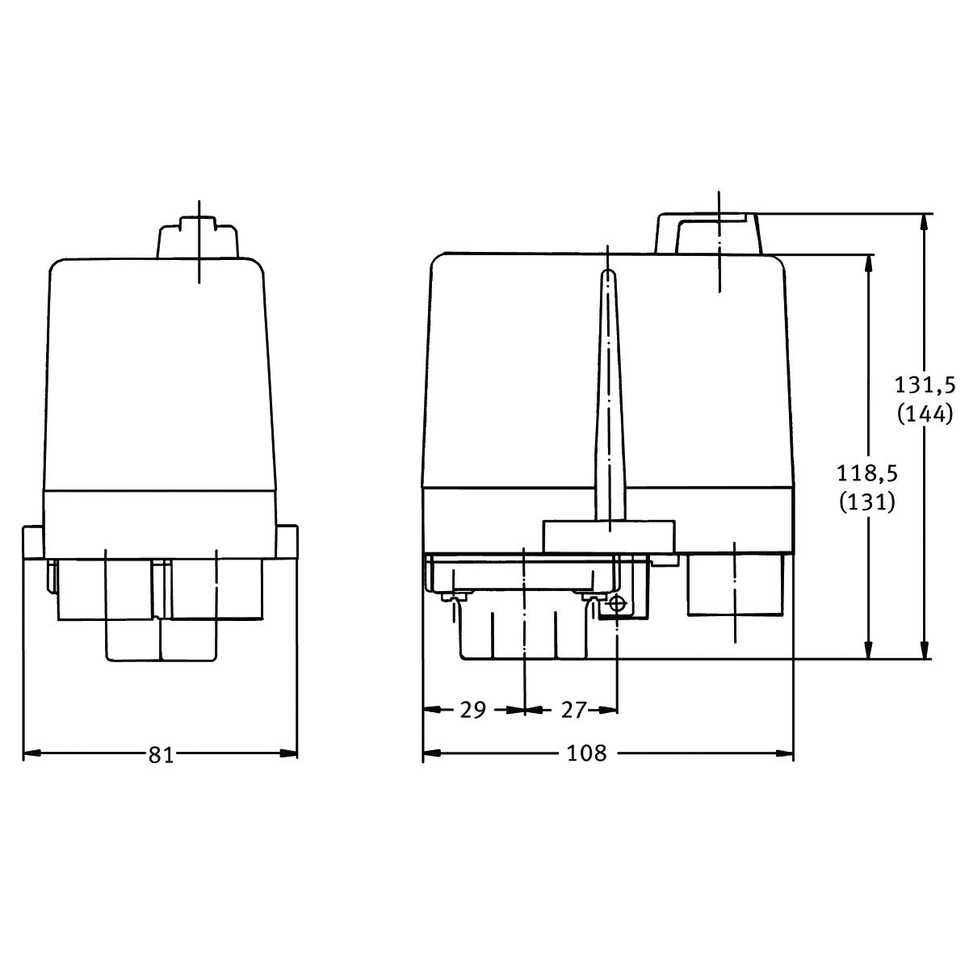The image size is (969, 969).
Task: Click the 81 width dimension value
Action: [161, 754]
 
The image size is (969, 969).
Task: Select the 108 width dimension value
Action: [586, 754]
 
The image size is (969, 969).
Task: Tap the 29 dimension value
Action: [472, 710]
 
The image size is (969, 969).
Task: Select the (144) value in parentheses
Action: [925, 414]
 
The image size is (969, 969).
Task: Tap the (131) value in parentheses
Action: [867, 502]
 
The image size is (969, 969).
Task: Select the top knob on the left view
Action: [198, 237]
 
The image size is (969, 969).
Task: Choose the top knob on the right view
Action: [708, 233]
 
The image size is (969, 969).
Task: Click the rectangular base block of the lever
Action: [609, 535]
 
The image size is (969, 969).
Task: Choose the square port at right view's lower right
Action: [735, 585]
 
